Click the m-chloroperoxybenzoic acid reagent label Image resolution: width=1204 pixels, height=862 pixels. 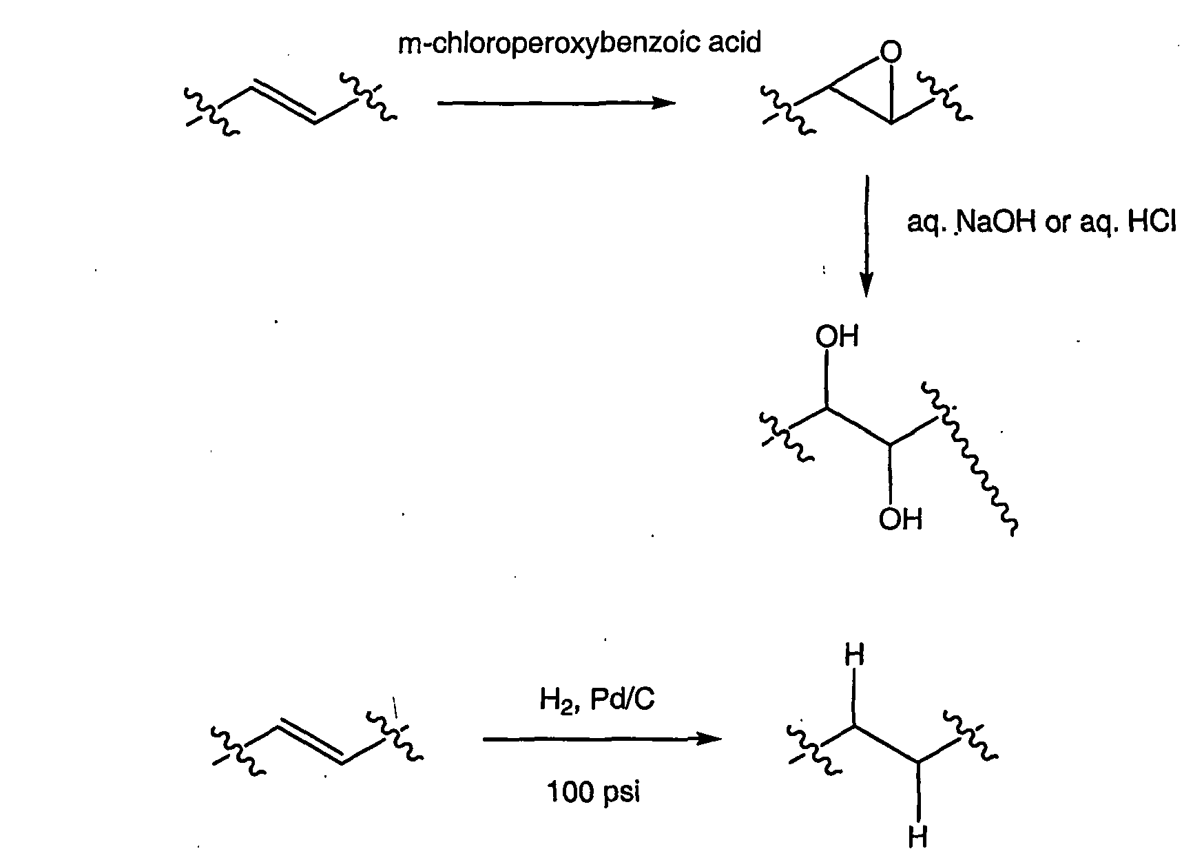(x=579, y=43)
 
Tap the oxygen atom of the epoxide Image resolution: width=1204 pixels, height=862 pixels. (x=890, y=52)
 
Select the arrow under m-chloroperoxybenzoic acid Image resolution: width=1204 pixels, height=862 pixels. (x=557, y=103)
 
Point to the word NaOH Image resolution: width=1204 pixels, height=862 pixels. (x=996, y=223)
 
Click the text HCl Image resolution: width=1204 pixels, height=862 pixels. (x=1152, y=223)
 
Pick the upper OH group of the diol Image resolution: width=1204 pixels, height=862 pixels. (x=837, y=337)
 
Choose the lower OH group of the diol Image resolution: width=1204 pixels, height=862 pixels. (x=900, y=519)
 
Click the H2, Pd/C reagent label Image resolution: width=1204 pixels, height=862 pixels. (x=596, y=700)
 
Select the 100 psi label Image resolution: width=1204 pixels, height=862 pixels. (x=594, y=792)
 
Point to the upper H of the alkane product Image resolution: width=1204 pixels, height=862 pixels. (x=854, y=655)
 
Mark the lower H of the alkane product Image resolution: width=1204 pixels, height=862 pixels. (x=917, y=837)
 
